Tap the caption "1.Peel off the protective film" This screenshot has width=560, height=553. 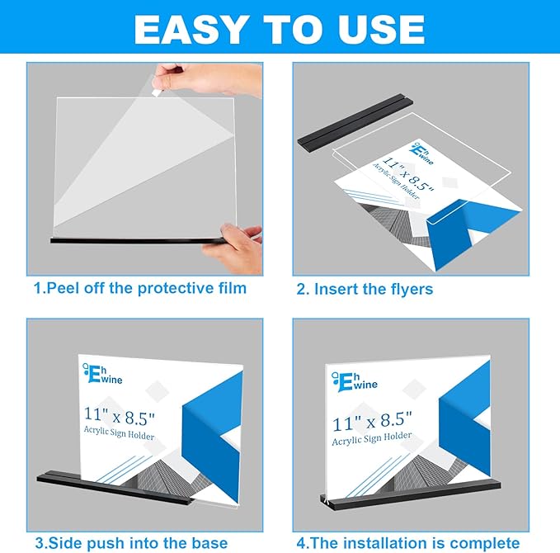click(140, 288)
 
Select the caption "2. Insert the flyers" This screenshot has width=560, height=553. click(364, 289)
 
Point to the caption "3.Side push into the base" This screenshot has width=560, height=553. click(131, 542)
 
